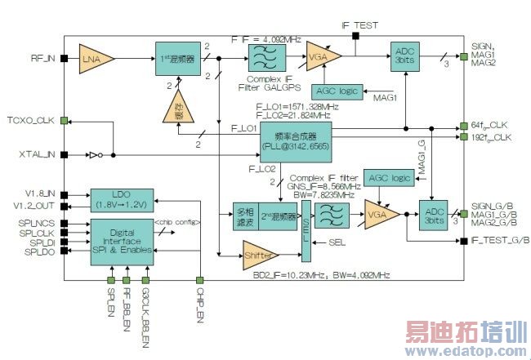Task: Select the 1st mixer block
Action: (178, 58)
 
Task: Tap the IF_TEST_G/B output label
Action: (500, 241)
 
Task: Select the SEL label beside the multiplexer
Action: (336, 242)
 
